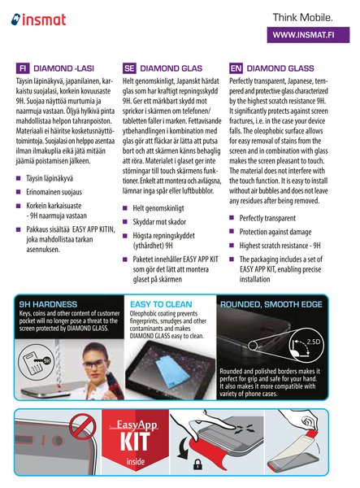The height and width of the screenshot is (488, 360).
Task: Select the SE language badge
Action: point(130,69)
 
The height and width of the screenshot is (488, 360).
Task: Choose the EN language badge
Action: point(236,69)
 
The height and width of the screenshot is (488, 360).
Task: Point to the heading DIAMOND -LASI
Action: point(65,69)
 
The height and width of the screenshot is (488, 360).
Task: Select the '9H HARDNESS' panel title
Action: point(48,304)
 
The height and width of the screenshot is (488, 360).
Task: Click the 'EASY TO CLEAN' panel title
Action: point(161,304)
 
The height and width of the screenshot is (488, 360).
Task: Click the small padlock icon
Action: point(196,465)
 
